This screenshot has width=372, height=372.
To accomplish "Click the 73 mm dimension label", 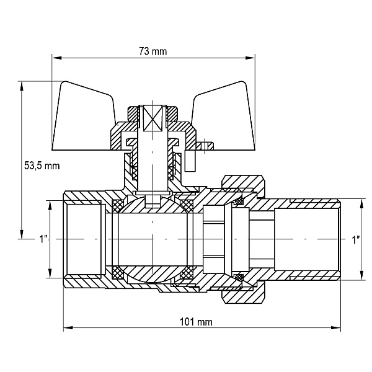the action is click(x=153, y=51).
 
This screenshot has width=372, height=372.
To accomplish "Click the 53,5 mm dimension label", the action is click(x=42, y=166).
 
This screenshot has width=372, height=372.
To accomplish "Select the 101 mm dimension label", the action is click(x=196, y=322).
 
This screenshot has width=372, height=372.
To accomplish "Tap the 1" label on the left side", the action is click(x=43, y=239).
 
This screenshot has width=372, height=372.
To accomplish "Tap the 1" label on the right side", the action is click(x=356, y=240).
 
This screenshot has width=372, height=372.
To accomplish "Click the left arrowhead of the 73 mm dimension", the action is click(x=57, y=58).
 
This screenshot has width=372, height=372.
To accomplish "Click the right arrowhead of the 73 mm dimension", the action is click(x=250, y=58).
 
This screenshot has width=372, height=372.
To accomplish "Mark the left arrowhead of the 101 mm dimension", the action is click(x=68, y=327).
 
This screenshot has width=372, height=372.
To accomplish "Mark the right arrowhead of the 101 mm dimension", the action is click(x=335, y=327).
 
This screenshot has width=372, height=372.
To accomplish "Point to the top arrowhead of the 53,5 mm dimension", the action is click(x=22, y=86).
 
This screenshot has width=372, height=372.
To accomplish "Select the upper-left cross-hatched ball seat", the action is click(x=117, y=205).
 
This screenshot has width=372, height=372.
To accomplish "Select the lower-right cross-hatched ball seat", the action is click(x=187, y=272).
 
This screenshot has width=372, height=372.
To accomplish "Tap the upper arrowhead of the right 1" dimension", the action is click(x=361, y=204).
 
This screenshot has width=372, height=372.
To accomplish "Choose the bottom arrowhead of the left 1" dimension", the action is click(x=50, y=273).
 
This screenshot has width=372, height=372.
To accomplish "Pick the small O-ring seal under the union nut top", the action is click(x=239, y=201).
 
